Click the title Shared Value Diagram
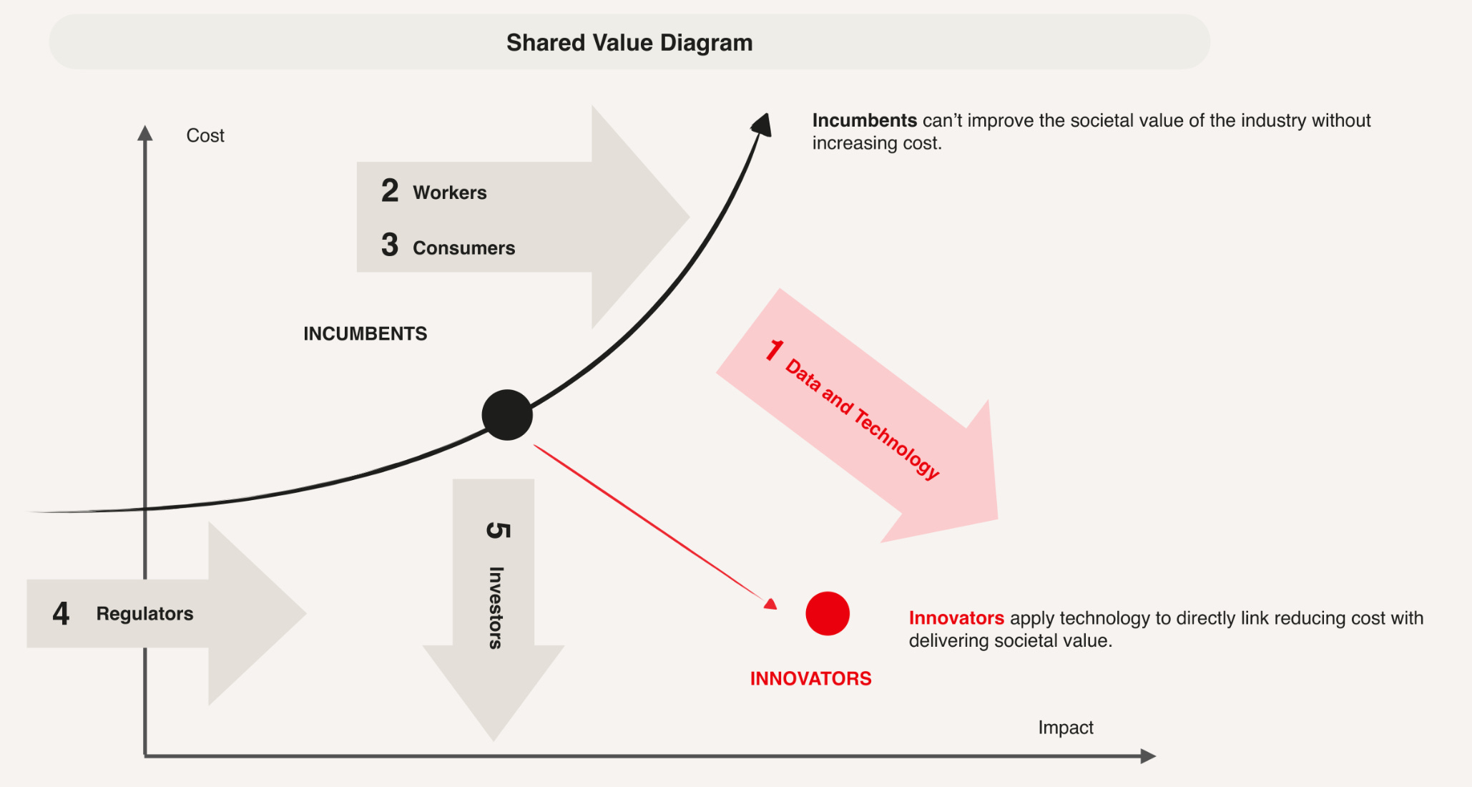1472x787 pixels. (x=629, y=43)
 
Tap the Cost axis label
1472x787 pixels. (x=205, y=136)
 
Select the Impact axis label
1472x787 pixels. (x=1065, y=728)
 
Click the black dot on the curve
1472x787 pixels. (x=507, y=415)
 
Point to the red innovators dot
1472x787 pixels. (x=828, y=613)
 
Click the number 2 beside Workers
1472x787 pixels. (x=390, y=191)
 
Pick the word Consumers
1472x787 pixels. (x=463, y=248)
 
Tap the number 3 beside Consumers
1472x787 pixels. (x=390, y=245)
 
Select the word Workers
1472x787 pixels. (x=449, y=192)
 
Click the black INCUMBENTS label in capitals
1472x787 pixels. (x=365, y=334)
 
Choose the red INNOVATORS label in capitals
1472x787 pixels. (x=810, y=678)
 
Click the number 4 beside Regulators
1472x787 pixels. (x=61, y=614)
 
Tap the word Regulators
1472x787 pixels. (x=144, y=614)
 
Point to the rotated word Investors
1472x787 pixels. (x=496, y=607)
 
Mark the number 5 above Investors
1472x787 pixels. (x=498, y=530)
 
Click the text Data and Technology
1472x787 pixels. (x=862, y=419)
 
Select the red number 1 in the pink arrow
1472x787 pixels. (x=774, y=351)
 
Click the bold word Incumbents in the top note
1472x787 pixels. (x=864, y=120)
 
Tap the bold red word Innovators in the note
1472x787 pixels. (x=956, y=618)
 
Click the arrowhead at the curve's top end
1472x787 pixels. (x=762, y=124)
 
